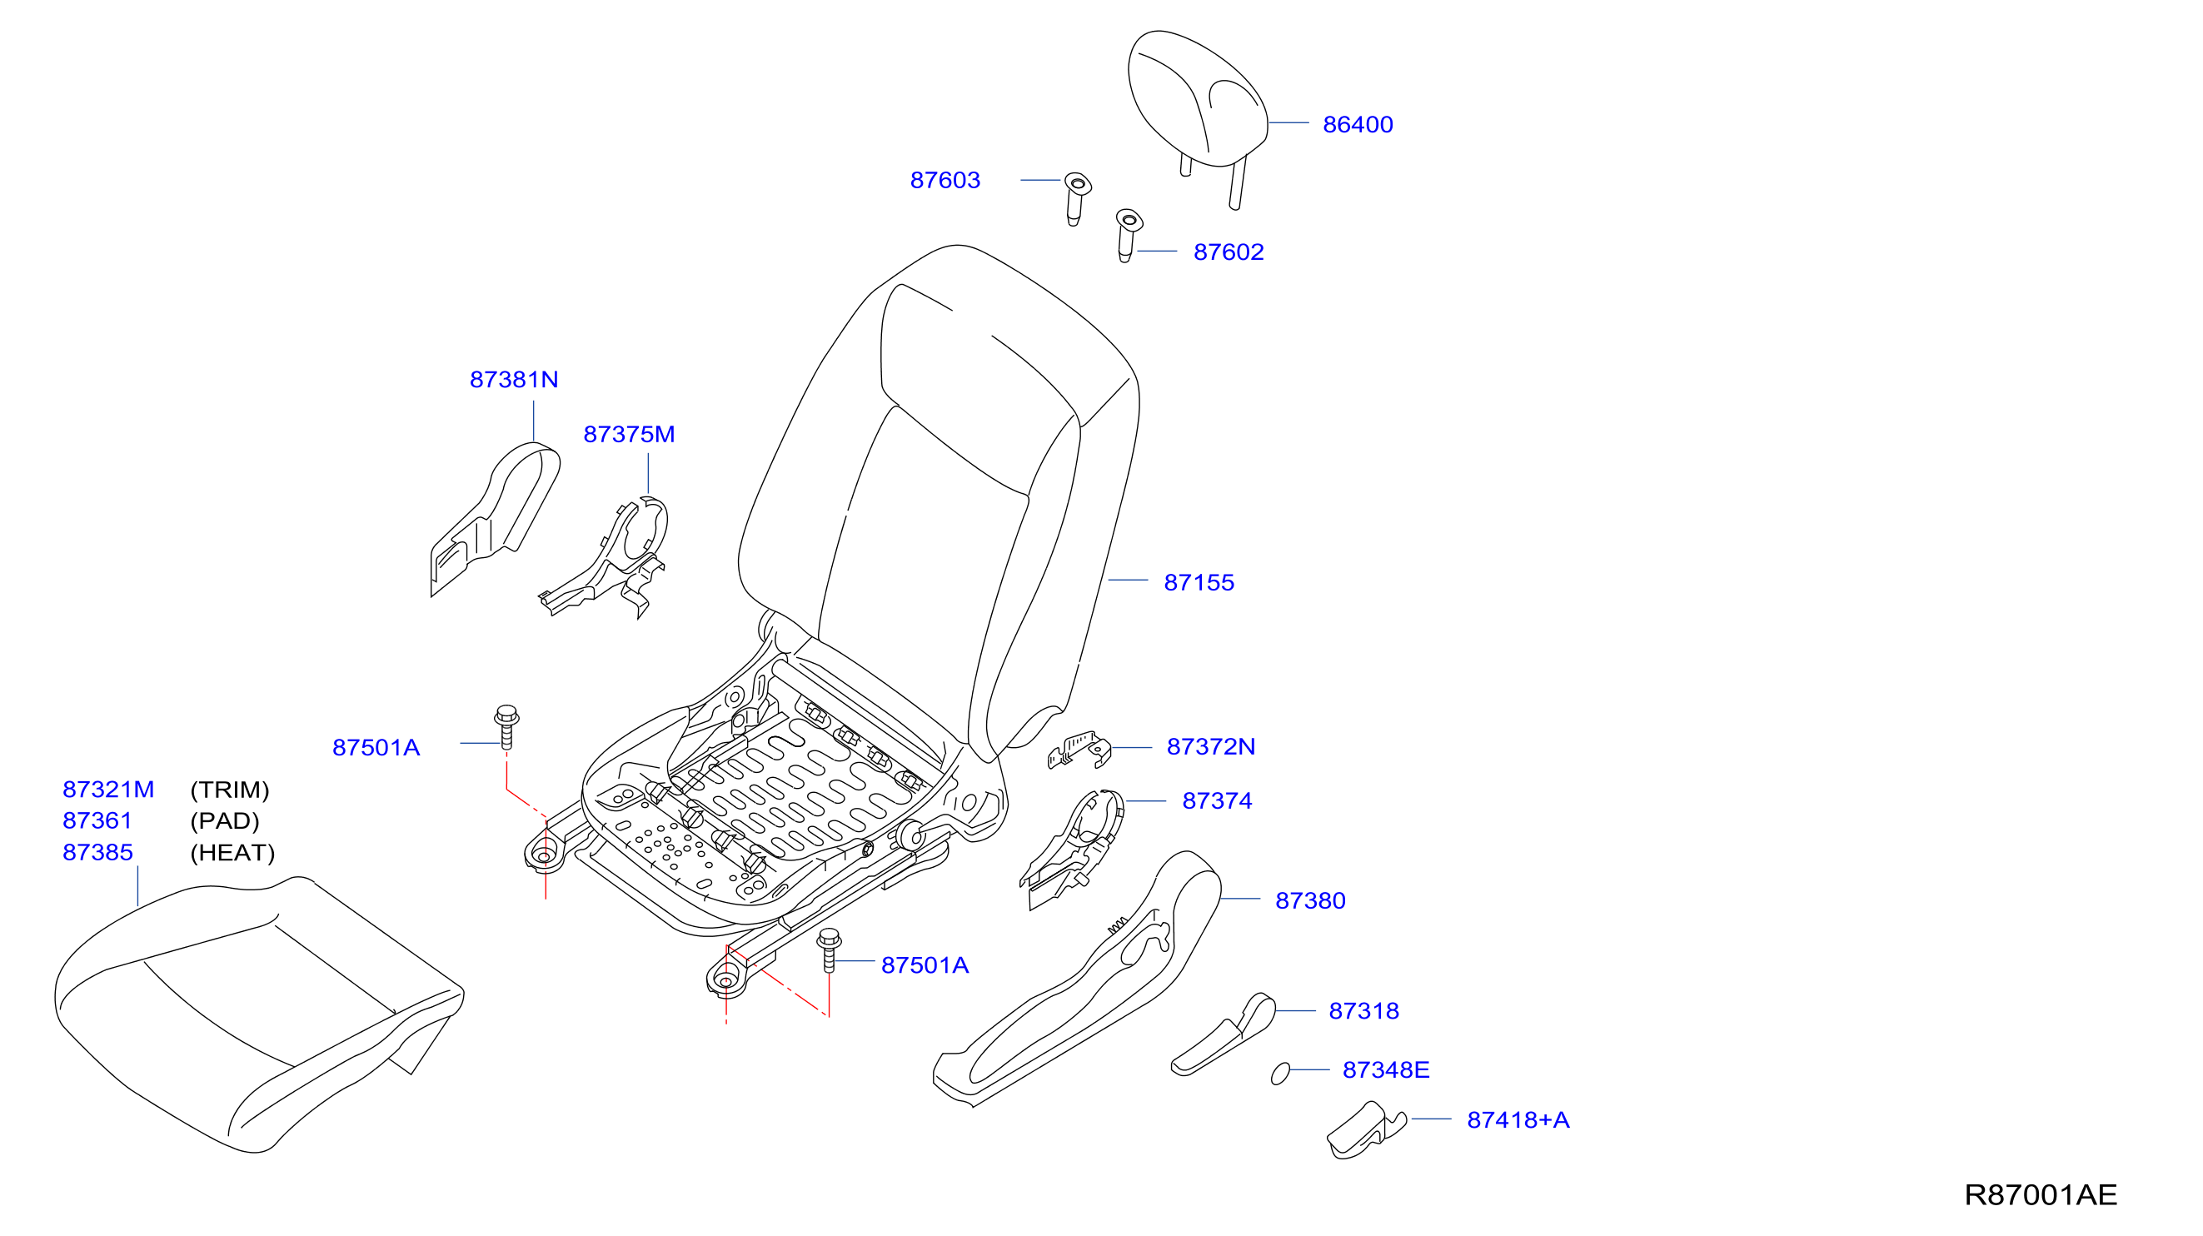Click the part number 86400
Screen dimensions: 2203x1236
coord(1358,125)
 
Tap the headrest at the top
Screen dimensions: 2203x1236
coord(1198,102)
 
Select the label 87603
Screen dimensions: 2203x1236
coord(945,181)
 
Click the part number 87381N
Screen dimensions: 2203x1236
coord(514,380)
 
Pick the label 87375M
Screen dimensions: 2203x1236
coord(629,435)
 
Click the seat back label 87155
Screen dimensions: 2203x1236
coord(1199,582)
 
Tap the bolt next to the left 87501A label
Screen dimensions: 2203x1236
coord(506,727)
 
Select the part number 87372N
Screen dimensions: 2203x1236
coord(1211,747)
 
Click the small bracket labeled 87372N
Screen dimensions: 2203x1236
coord(1080,750)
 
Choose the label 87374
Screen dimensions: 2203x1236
coord(1217,800)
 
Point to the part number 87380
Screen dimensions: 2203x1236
coord(1310,900)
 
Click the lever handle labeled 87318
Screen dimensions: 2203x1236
coord(1223,1035)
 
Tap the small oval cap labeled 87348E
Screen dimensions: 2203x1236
coord(1280,1074)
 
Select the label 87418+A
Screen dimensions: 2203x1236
coord(1518,1119)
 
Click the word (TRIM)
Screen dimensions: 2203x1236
coord(229,790)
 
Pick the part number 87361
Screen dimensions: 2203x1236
coord(97,820)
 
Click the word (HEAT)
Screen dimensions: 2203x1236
coord(232,853)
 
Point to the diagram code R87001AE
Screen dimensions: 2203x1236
coord(2041,1195)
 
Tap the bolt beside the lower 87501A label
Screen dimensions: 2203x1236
coord(829,950)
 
